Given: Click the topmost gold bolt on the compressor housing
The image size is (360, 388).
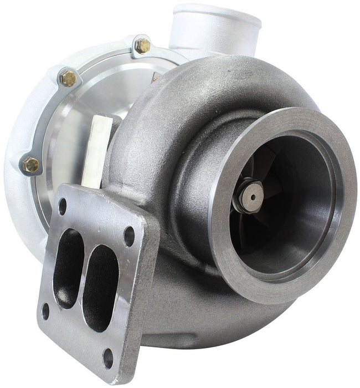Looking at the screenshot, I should pos(142,45).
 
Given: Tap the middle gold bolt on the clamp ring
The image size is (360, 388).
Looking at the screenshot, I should pos(69,79).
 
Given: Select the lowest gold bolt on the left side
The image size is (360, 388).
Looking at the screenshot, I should pos(32,165).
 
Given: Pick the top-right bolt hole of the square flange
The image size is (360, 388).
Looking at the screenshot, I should pos(129,236).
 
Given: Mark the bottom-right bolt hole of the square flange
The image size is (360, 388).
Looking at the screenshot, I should pos(109,358).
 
